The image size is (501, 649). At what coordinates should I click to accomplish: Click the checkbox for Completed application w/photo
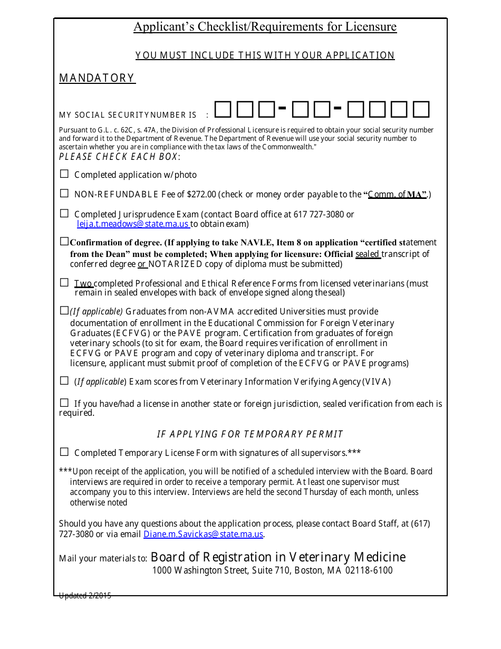click(64, 174)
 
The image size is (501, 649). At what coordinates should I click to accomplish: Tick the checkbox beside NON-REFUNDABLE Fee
click(64, 193)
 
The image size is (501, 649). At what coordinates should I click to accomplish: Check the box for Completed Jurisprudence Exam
click(64, 213)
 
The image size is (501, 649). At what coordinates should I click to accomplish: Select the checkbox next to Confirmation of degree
click(64, 242)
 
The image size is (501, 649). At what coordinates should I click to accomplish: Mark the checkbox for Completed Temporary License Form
click(64, 452)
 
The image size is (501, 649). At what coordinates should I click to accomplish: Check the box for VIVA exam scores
click(64, 380)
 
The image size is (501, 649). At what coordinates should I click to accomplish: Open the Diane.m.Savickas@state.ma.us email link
click(203, 534)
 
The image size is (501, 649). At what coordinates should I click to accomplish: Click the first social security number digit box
click(223, 110)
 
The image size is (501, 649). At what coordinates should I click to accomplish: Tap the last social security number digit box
click(421, 110)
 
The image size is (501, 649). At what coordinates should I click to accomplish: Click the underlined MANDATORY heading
click(97, 78)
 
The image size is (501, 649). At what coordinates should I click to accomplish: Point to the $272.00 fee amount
click(201, 194)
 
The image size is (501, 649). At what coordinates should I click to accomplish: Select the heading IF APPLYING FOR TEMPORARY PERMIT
click(250, 434)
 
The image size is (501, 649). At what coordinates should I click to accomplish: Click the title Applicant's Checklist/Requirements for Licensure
click(265, 27)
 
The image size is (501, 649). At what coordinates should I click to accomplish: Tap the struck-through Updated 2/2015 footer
click(85, 596)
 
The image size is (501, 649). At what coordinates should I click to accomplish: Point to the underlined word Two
click(83, 283)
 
